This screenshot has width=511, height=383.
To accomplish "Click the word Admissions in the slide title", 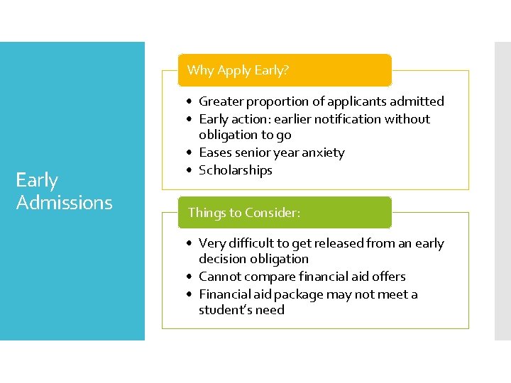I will pyautogui.click(x=64, y=203).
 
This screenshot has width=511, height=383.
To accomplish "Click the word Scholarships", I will pyautogui.click(x=235, y=170).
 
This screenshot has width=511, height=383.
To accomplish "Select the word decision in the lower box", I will pyautogui.click(x=224, y=259).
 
